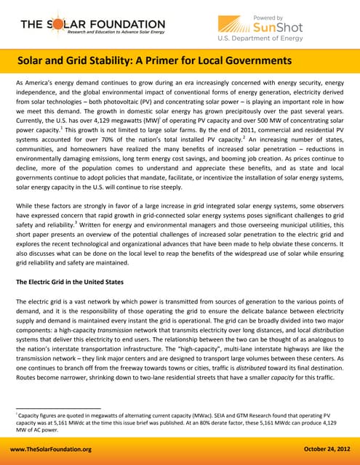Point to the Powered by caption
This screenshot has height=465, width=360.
pyautogui.click(x=272, y=15)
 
